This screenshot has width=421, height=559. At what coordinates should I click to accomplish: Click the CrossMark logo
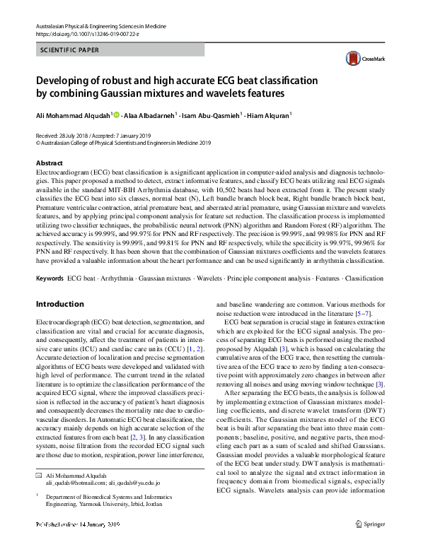[x=359, y=59]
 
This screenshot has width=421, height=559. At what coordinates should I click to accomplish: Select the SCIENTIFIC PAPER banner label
[x=70, y=50]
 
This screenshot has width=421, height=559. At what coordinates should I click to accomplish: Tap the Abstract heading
[x=49, y=163]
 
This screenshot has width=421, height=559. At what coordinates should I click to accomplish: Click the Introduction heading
[x=59, y=305]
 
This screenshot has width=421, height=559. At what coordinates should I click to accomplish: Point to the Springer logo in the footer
[x=370, y=544]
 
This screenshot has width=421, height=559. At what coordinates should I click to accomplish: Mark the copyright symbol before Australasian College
[x=38, y=141]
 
